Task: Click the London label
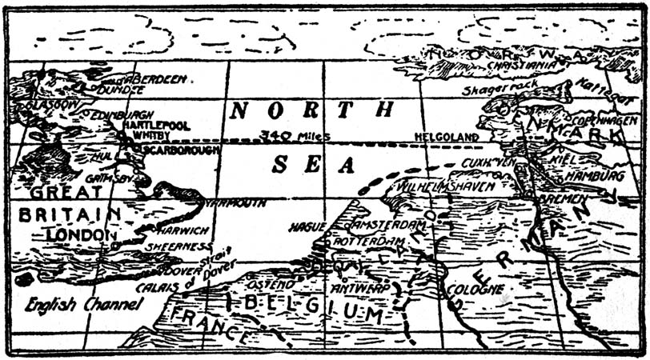tap(78, 234)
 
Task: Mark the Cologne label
tap(475, 287)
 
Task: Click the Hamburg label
tap(595, 174)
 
